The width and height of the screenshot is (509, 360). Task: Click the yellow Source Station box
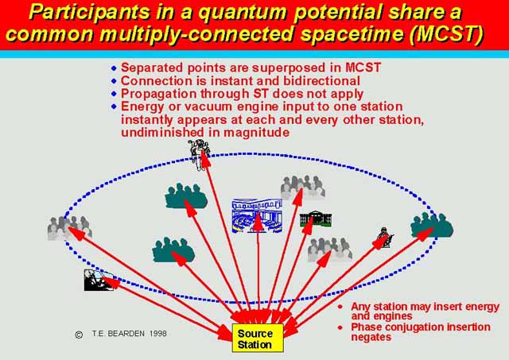pos(258,338)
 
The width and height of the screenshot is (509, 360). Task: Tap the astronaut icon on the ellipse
pos(199,155)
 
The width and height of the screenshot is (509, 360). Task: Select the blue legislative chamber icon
pos(257,216)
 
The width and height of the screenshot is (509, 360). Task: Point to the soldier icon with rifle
pos(385,238)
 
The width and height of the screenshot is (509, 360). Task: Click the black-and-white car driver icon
pos(99,280)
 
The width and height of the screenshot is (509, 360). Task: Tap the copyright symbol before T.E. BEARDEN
pos(79,335)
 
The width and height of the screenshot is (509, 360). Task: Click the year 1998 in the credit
pos(158,334)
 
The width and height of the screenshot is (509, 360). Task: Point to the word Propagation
pos(159,94)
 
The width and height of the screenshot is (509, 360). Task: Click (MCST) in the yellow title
pos(446,33)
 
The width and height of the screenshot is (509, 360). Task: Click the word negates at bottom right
pos(371,337)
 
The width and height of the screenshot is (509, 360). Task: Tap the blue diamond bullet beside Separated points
pos(114,68)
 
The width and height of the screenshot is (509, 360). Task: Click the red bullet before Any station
pos(340,307)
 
